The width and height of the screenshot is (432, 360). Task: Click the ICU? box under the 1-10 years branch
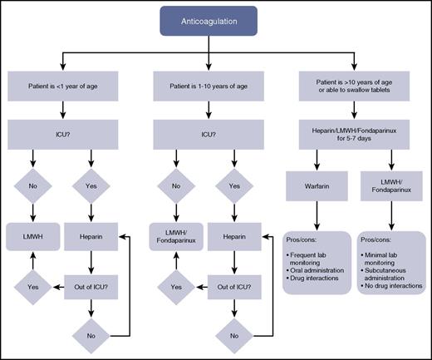216,130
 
